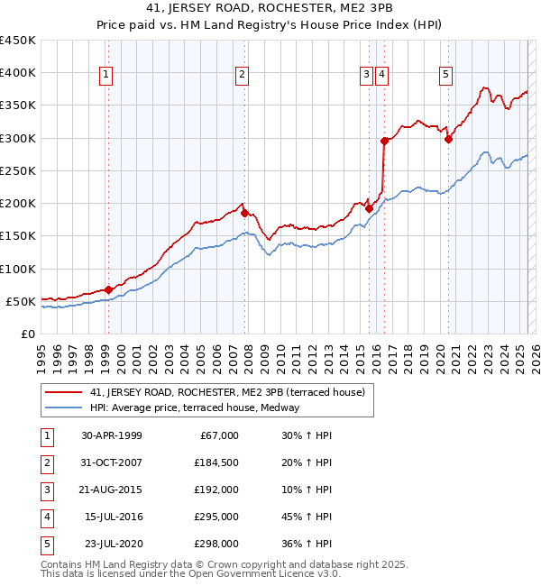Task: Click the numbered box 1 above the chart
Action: coord(106,75)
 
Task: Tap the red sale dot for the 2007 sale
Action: coord(244,213)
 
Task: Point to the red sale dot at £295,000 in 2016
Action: coord(384,141)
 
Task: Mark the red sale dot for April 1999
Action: coord(108,289)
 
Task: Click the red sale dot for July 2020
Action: coord(448,139)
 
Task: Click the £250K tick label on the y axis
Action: coord(17,170)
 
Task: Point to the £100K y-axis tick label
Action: coord(17,269)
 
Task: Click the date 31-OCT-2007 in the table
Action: coord(111,462)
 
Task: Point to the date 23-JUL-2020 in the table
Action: coord(112,544)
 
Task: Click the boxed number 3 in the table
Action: coord(45,490)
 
